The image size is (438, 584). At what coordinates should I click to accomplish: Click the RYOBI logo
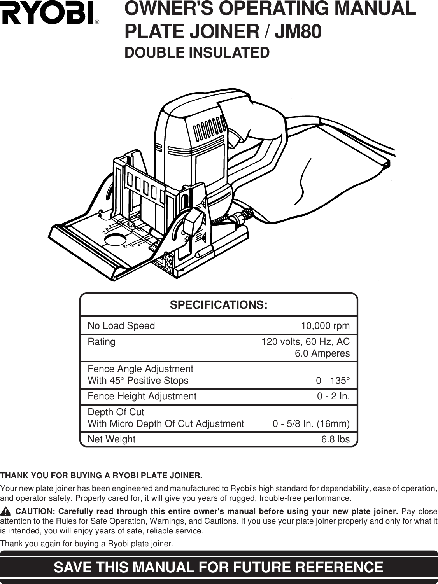(50, 15)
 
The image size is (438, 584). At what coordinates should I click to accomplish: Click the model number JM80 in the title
(298, 31)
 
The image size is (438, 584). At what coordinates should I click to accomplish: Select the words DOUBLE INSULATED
(197, 52)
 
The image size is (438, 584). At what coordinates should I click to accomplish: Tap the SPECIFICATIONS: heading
(219, 305)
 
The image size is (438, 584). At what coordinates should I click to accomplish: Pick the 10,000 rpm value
(326, 326)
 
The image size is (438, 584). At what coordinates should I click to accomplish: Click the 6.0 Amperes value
(322, 354)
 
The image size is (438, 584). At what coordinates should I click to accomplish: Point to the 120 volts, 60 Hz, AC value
(305, 342)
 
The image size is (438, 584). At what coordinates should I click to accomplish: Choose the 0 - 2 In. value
(333, 397)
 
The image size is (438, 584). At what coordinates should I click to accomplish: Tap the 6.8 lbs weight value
(335, 439)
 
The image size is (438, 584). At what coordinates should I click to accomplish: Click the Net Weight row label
(112, 439)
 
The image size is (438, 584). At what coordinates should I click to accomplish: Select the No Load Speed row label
(121, 326)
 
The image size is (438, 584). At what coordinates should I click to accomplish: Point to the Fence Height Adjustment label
(142, 397)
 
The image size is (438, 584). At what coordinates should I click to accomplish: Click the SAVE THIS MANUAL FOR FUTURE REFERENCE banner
(219, 567)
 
